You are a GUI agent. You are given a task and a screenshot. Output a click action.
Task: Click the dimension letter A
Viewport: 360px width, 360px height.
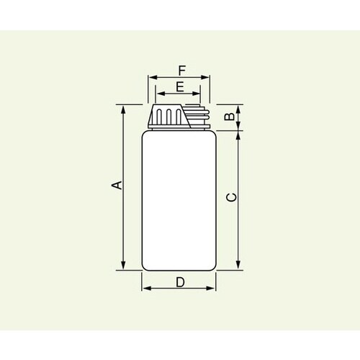tap(115, 186)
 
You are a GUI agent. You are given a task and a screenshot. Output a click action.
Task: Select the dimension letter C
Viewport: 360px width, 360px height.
tap(230, 197)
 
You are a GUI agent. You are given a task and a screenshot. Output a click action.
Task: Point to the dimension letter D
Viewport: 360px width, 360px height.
tap(179, 282)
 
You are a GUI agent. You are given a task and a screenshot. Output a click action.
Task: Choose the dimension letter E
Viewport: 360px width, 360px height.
tap(179, 86)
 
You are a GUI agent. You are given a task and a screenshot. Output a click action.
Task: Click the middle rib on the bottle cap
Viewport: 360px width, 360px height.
tap(169, 117)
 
